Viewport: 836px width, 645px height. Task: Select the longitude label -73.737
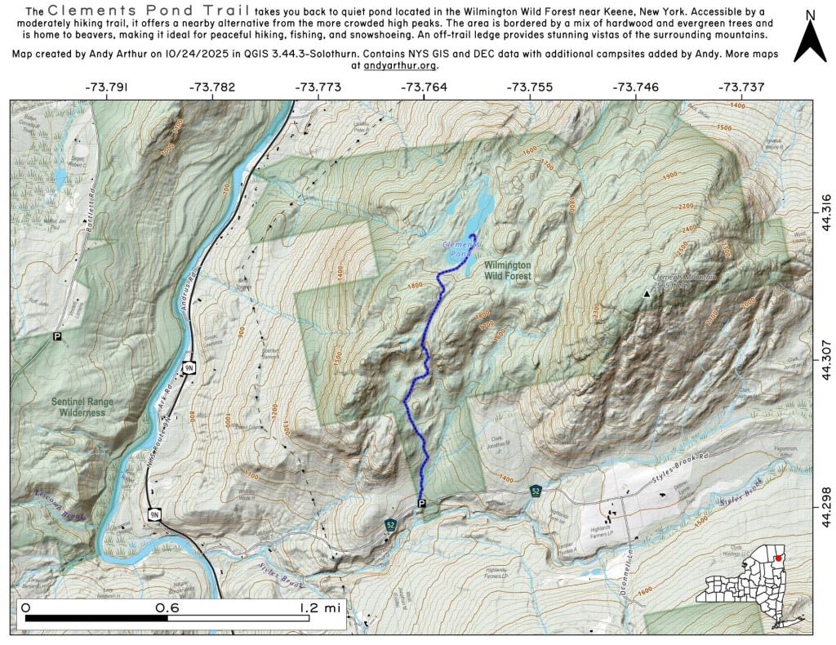(740, 87)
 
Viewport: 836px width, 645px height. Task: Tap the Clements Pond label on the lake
(462, 249)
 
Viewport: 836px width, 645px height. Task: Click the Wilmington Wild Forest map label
(507, 271)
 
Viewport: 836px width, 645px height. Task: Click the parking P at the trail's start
(421, 504)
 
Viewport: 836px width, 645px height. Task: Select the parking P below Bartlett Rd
(57, 336)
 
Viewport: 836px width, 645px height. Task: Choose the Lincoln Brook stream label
(62, 504)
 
